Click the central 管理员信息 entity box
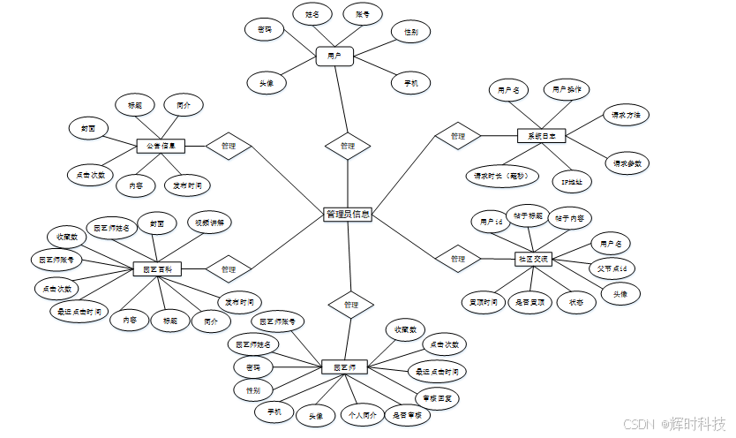(x=348, y=214)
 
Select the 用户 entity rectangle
(x=334, y=57)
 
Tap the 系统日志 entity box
(x=541, y=136)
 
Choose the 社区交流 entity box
(x=532, y=259)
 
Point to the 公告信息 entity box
(x=160, y=146)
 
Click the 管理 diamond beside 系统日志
(x=457, y=136)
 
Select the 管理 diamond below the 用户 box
(x=347, y=146)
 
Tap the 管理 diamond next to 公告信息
(x=228, y=145)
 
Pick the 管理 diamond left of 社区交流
(x=457, y=259)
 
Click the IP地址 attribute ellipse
(x=572, y=182)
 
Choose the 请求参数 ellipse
(x=626, y=162)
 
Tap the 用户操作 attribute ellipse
(x=566, y=89)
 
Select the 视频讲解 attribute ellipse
(x=210, y=223)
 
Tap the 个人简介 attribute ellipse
(x=362, y=415)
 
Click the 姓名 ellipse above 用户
(x=312, y=15)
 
